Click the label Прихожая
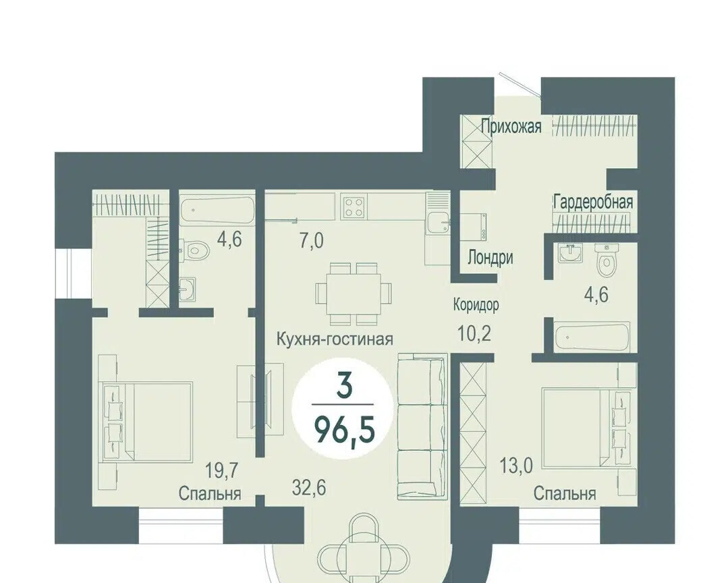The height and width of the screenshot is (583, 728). click(x=511, y=126)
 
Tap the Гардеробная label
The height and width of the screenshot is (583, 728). click(x=593, y=202)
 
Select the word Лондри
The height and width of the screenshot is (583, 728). click(x=490, y=257)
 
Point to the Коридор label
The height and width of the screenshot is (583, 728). click(x=476, y=305)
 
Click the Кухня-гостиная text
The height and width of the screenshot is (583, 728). click(x=335, y=339)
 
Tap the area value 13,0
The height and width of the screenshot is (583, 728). click(x=517, y=465)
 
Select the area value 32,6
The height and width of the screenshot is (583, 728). click(x=309, y=488)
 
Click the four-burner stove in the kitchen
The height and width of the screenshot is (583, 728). click(x=354, y=207)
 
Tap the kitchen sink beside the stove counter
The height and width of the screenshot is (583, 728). click(x=439, y=223)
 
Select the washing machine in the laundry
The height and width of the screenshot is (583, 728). click(x=473, y=227)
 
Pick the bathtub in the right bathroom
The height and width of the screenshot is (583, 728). click(x=593, y=336)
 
